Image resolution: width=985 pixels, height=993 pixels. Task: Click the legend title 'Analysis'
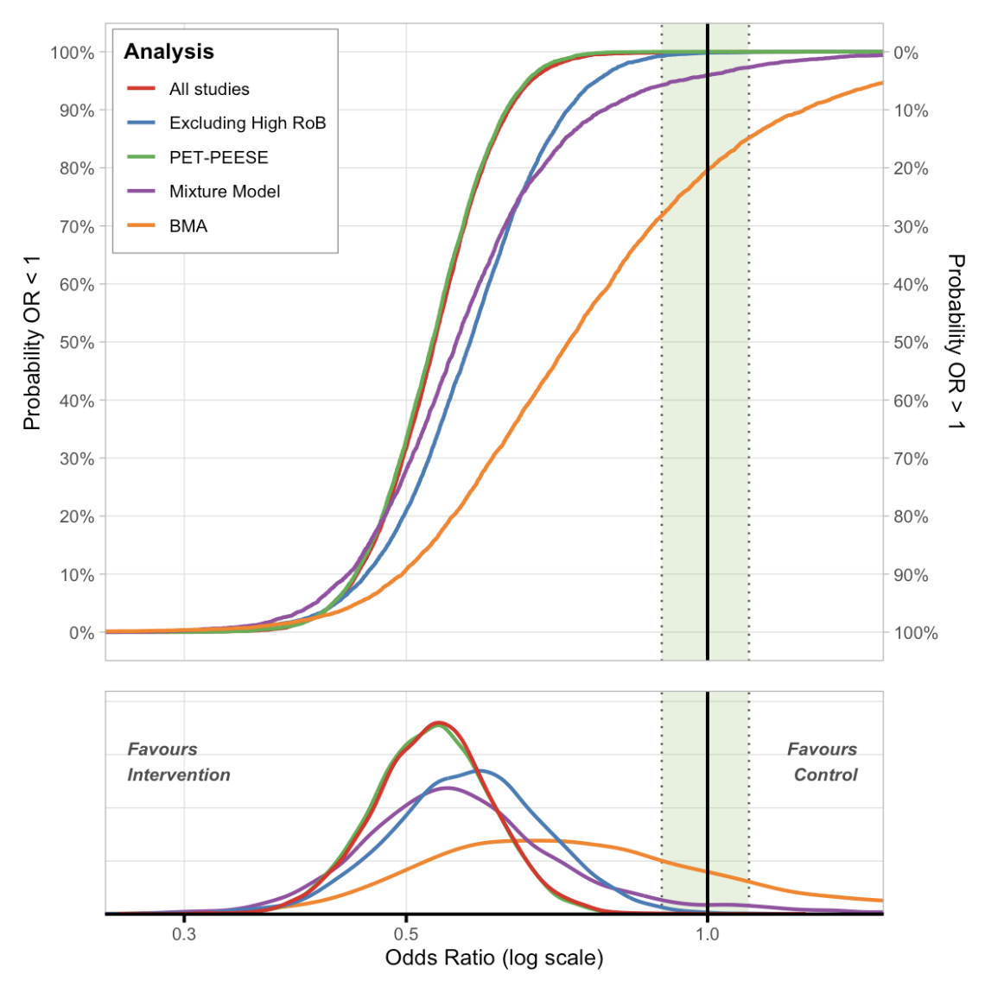pyautogui.click(x=168, y=52)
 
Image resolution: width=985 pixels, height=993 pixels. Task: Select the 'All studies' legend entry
pyautogui.click(x=209, y=89)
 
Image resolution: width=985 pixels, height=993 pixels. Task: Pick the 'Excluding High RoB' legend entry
pyautogui.click(x=247, y=123)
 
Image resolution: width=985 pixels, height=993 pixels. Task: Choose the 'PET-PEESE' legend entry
pyautogui.click(x=219, y=157)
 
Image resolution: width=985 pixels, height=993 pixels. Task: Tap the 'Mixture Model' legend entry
pyautogui.click(x=225, y=192)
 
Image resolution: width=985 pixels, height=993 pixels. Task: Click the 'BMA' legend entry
pyautogui.click(x=188, y=226)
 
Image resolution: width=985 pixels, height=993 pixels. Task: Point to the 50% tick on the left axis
pyautogui.click(x=77, y=343)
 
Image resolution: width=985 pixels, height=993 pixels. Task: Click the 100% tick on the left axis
pyautogui.click(x=73, y=53)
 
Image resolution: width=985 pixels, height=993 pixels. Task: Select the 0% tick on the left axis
pyautogui.click(x=81, y=633)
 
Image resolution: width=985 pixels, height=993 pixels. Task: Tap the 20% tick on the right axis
pyautogui.click(x=911, y=168)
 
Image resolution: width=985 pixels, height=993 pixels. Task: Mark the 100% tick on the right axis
pyautogui.click(x=915, y=633)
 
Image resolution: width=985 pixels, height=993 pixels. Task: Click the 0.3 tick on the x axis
pyautogui.click(x=184, y=934)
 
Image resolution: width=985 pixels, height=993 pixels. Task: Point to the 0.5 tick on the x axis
pyautogui.click(x=406, y=934)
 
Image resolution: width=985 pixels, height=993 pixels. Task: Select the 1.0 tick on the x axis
pyautogui.click(x=708, y=934)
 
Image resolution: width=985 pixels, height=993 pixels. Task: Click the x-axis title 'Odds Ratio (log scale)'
pyautogui.click(x=494, y=958)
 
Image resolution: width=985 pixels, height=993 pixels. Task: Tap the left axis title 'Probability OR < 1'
pyautogui.click(x=32, y=343)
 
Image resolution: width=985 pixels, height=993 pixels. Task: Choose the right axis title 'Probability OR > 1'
pyautogui.click(x=956, y=343)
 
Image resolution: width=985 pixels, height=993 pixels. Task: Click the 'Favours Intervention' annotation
pyautogui.click(x=178, y=762)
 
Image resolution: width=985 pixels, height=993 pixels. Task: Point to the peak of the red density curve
pyautogui.click(x=439, y=722)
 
